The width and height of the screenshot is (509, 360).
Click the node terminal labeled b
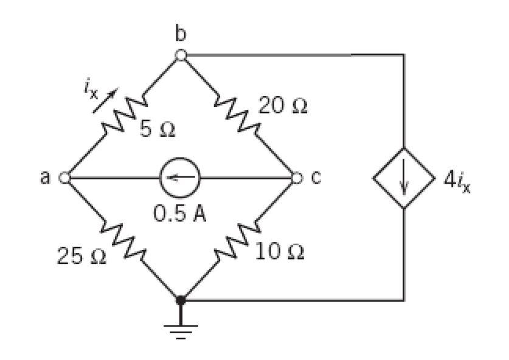[181, 55]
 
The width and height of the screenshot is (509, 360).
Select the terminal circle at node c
[296, 178]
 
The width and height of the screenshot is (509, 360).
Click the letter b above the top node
[181, 35]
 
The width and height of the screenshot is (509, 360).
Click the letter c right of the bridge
[315, 178]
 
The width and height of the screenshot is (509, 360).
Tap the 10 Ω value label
[279, 251]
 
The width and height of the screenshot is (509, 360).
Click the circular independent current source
[181, 178]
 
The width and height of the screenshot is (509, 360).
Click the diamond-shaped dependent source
[404, 178]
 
